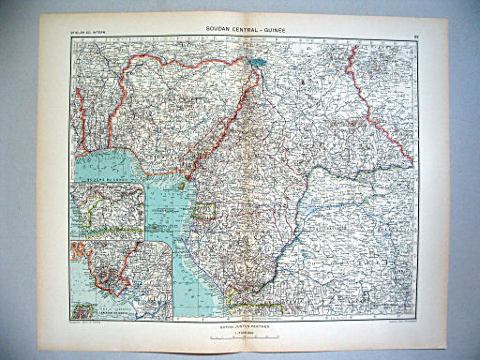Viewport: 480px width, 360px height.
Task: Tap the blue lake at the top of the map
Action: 258,67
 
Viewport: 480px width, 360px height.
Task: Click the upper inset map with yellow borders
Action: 112,210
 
